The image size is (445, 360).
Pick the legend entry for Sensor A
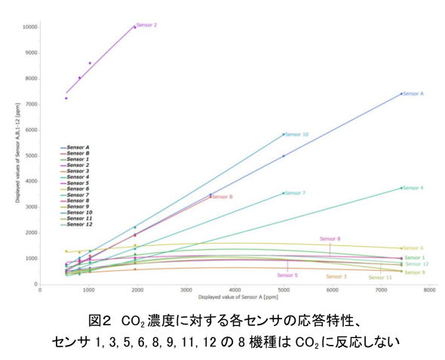pyautogui.click(x=77, y=147)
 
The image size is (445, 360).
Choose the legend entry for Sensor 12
pyautogui.click(x=78, y=224)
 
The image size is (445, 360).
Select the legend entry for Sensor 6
pyautogui.click(x=77, y=189)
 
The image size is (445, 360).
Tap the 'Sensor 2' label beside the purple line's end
pyautogui.click(x=147, y=25)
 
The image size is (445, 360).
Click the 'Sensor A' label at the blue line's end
pyautogui.click(x=413, y=94)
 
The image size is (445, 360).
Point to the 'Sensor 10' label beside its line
pyautogui.click(x=297, y=134)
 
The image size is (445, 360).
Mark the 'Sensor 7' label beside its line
pyautogui.click(x=295, y=193)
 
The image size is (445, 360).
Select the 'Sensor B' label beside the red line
pyautogui.click(x=222, y=197)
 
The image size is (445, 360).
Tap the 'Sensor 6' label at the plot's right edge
pyautogui.click(x=413, y=248)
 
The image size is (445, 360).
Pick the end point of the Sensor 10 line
pyautogui.click(x=284, y=134)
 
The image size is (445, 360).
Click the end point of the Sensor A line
pyautogui.click(x=400, y=94)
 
